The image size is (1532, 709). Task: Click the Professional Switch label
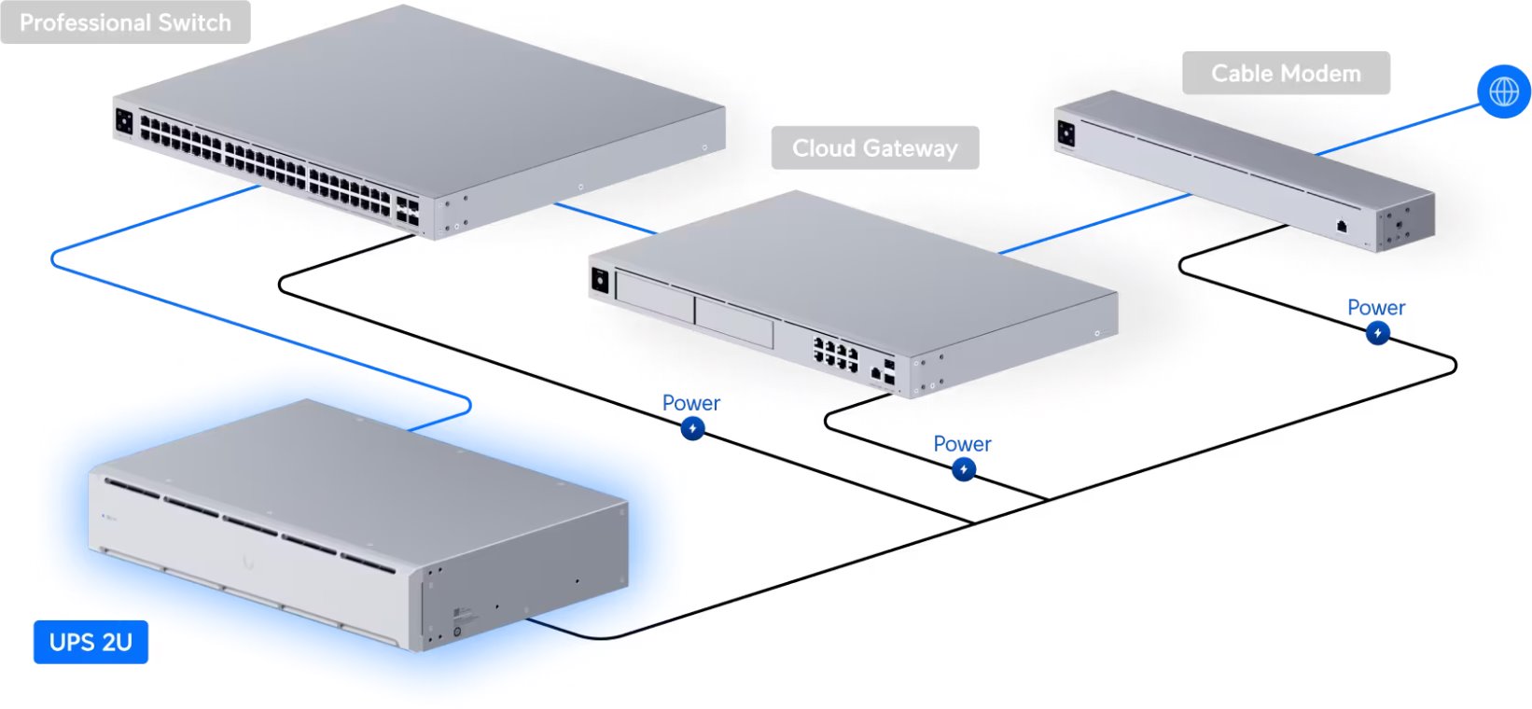[x=125, y=22]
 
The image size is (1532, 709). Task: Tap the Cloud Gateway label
[x=874, y=148]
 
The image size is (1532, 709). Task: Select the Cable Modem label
[x=1286, y=74]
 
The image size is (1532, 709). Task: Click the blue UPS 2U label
[x=91, y=642]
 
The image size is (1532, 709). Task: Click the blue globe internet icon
[x=1503, y=91]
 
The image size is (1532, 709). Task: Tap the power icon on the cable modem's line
[x=1377, y=332]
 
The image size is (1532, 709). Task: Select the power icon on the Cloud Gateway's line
[x=964, y=469]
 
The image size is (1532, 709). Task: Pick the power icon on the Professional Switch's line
[x=692, y=428]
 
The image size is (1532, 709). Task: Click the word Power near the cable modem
[x=1376, y=307]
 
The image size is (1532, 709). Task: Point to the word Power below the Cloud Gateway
[x=962, y=444]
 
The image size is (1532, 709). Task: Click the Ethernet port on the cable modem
[x=1342, y=225]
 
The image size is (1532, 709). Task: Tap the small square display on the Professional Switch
[x=124, y=120]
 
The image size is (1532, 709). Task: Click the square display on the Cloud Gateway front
[x=600, y=279]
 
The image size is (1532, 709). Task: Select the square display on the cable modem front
[x=1065, y=132]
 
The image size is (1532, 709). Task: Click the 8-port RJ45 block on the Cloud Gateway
[x=835, y=354]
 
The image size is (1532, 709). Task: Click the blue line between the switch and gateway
[x=606, y=218]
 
